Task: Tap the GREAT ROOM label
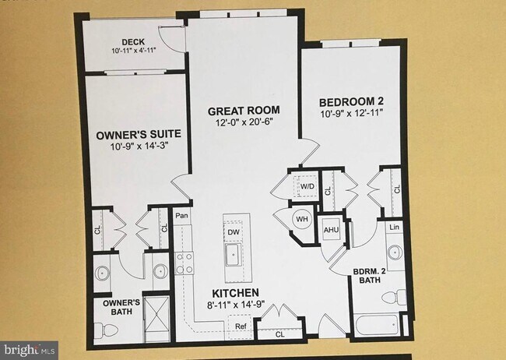tap(243, 111)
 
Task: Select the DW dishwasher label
tap(234, 231)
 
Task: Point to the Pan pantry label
tap(182, 216)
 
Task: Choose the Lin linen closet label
tap(394, 227)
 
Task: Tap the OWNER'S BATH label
tap(117, 307)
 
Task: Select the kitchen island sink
tap(234, 254)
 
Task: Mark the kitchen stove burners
tap(184, 263)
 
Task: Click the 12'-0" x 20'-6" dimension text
tap(243, 122)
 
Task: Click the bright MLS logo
tap(29, 350)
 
